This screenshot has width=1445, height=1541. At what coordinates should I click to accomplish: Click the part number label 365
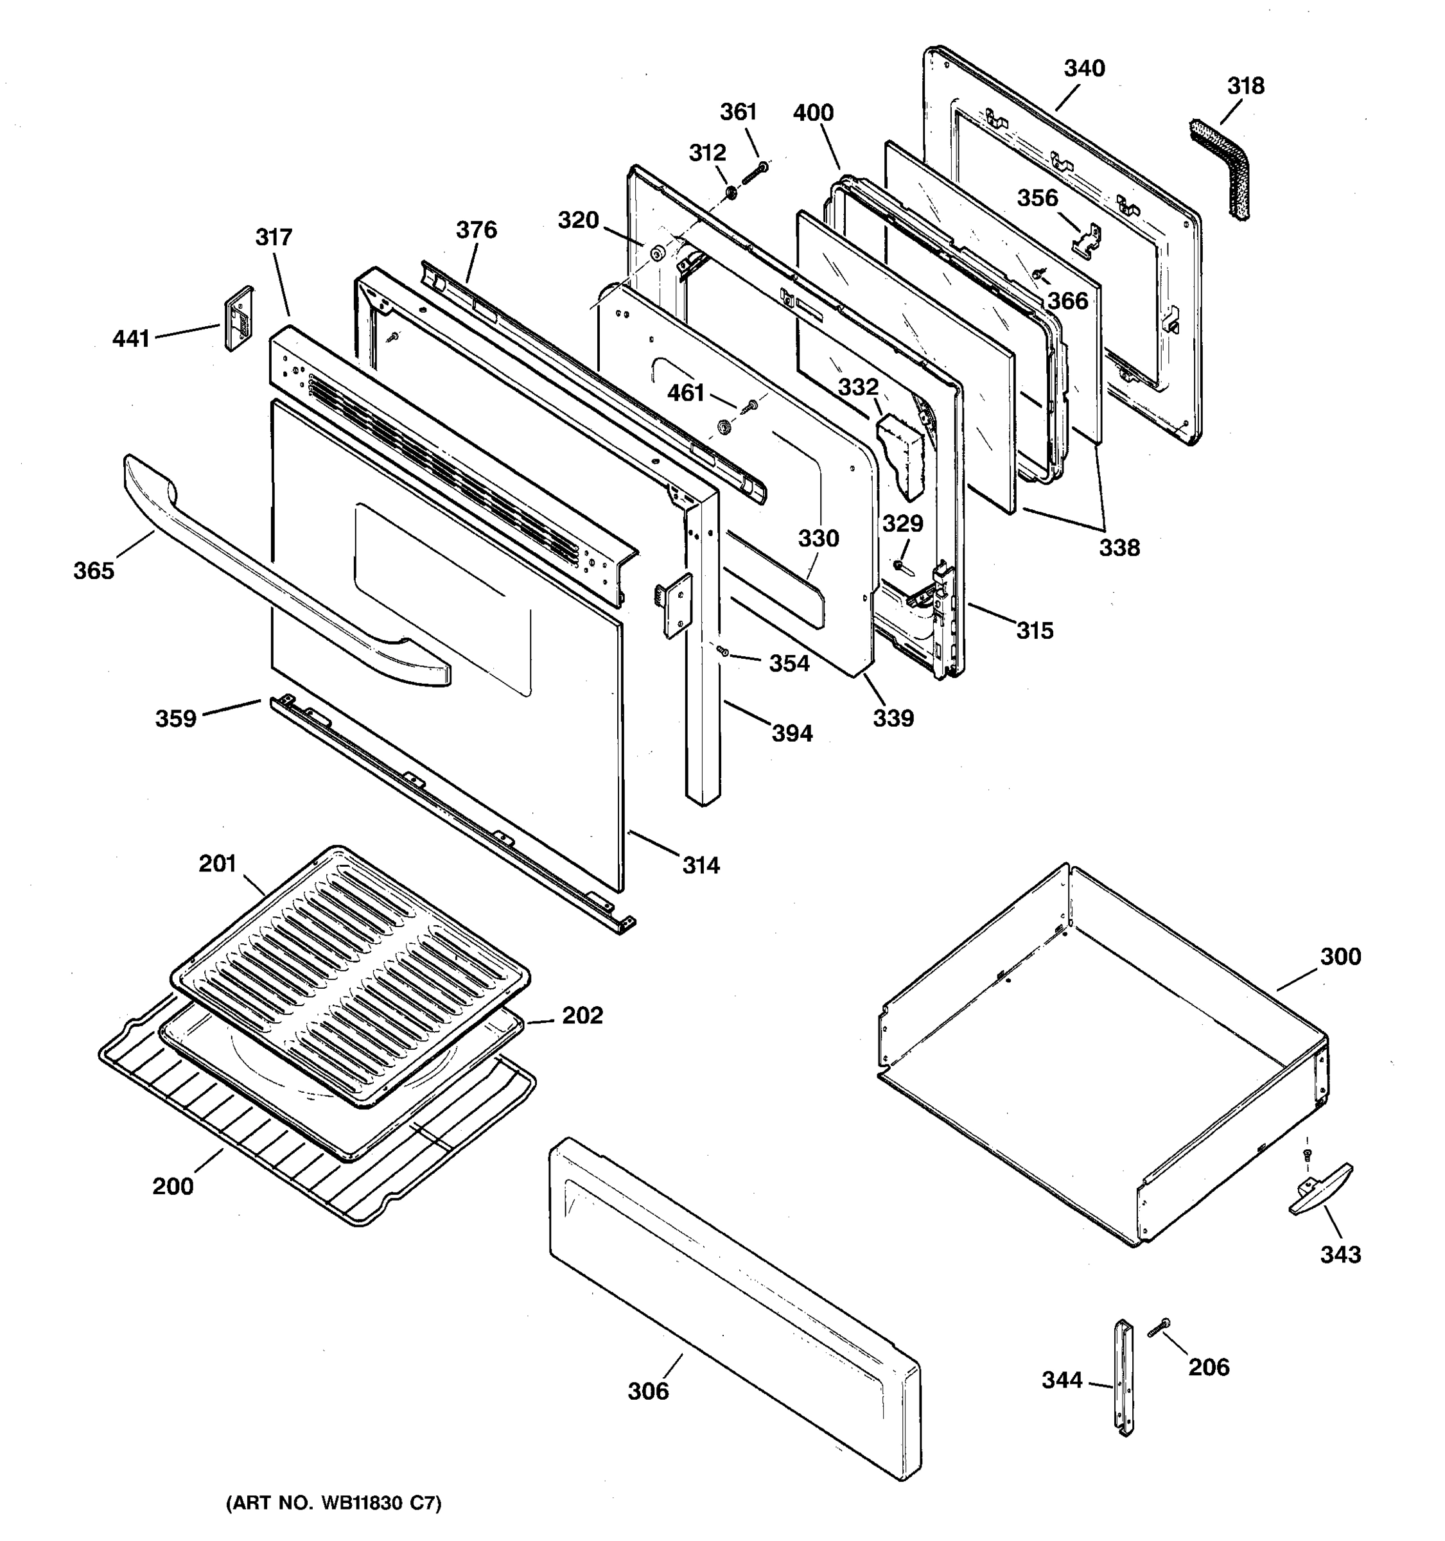pos(94,571)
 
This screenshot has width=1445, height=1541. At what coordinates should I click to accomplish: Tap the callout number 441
pos(130,339)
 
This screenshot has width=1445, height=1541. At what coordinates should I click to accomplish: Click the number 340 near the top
pos(1084,68)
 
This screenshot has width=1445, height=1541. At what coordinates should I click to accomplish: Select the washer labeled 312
pos(730,191)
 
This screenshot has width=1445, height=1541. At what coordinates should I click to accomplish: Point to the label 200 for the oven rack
pos(172,1187)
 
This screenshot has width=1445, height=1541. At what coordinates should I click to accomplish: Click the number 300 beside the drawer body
pos(1340,957)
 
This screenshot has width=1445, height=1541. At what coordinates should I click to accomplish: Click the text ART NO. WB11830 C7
pos(333,1504)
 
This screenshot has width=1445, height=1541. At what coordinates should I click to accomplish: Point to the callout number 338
pos(1119,548)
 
